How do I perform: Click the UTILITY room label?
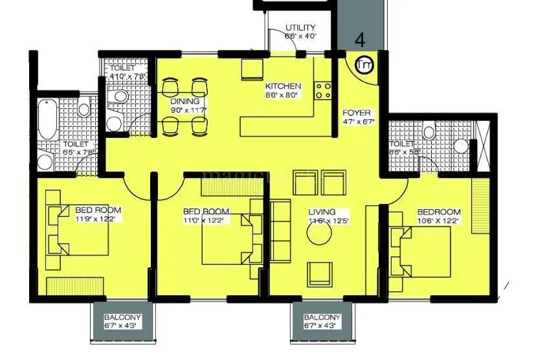coord(300,28)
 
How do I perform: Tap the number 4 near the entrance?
coord(360,39)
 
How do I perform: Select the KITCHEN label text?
coord(283,86)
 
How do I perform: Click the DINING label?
coord(184,102)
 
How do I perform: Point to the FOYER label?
coord(357,113)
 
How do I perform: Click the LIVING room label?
coord(322,212)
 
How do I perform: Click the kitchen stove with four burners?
coord(324,91)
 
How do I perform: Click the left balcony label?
coord(122,318)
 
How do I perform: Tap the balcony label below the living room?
coord(322,318)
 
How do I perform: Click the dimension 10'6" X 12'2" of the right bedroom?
coord(438,221)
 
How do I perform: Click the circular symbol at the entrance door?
coord(364,65)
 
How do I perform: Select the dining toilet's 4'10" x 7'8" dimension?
coord(128,76)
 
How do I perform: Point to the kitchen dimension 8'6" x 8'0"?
coord(283,95)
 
